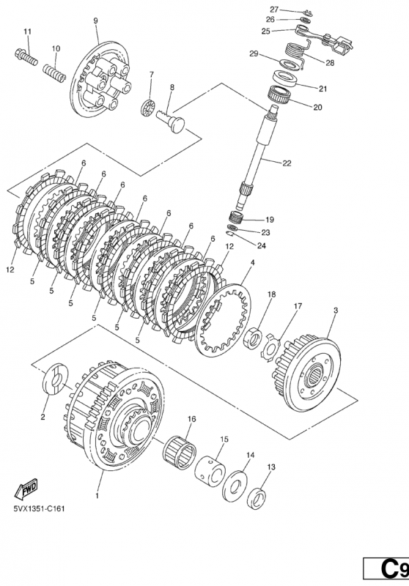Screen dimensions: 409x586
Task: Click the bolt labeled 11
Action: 26,56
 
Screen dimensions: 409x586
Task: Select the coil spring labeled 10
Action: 54,72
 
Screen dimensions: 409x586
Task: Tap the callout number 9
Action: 95,21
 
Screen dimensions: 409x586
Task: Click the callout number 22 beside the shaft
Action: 287,163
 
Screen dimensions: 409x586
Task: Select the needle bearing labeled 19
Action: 236,217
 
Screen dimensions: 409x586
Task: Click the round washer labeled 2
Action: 55,378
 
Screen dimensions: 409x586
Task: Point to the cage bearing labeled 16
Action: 180,451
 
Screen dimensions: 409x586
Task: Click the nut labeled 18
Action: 254,338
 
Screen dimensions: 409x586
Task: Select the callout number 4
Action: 253,263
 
